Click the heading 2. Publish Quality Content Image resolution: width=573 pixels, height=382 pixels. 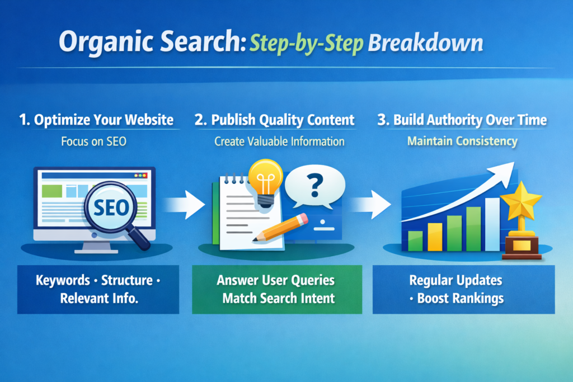pos(275,120)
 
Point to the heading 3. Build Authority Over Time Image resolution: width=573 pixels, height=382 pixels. pos(462,120)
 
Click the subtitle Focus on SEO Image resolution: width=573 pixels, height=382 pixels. pos(93,142)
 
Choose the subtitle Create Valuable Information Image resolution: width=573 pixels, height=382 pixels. pos(279,142)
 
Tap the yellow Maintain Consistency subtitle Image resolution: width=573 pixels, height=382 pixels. pos(462,141)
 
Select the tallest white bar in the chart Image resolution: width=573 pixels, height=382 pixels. pos(492,224)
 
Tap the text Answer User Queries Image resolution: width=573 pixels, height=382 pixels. pos(275,280)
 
